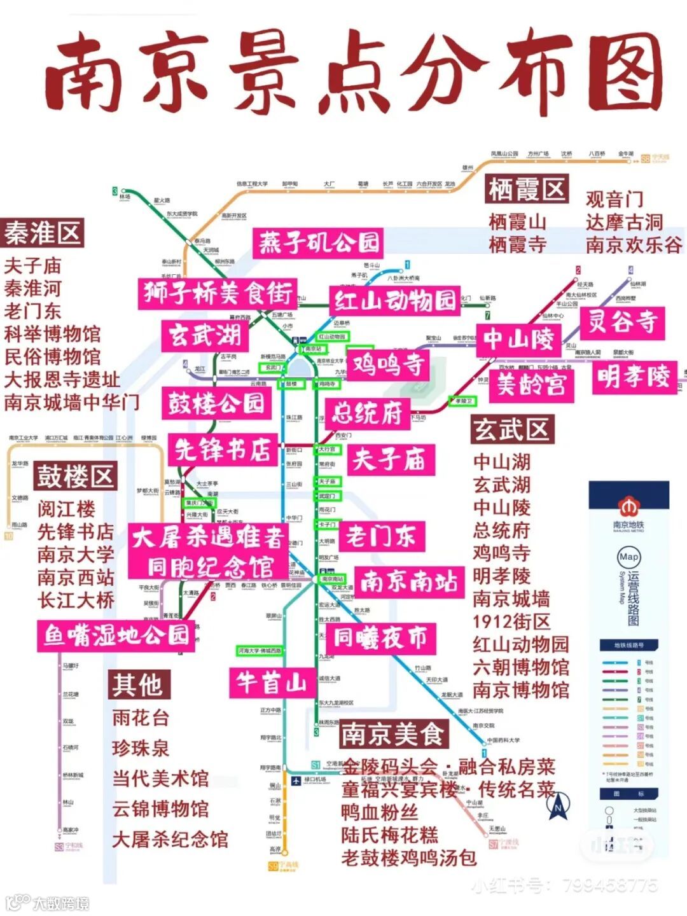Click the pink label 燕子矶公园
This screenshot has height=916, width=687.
tap(318, 243)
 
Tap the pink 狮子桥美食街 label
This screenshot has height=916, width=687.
tap(218, 293)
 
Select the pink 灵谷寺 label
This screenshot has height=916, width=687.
tap(622, 322)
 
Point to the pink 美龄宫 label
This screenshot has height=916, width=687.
tap(531, 384)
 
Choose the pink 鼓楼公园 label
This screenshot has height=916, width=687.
tap(216, 403)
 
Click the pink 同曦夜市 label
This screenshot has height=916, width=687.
tap(380, 638)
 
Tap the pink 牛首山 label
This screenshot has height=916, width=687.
tap(272, 683)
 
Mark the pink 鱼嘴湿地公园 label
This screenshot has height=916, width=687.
tap(116, 634)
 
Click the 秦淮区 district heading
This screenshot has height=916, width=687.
tap(43, 233)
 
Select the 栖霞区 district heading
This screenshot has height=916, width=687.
tap(527, 189)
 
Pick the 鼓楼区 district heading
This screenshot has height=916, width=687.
tap(75, 476)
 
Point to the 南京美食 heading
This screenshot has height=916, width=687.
tap(392, 735)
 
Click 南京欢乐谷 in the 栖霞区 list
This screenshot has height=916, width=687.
tap(634, 245)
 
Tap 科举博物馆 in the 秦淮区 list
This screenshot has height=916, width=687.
tap(52, 334)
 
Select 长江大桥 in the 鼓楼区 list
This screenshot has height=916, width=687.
tap(76, 600)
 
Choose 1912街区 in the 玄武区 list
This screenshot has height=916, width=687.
tap(511, 621)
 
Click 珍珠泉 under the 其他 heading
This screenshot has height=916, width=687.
tap(141, 748)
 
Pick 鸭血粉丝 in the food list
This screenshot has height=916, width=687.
tap(380, 812)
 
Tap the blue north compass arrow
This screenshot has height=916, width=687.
tap(559, 805)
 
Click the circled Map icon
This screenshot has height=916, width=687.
tap(628, 557)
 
